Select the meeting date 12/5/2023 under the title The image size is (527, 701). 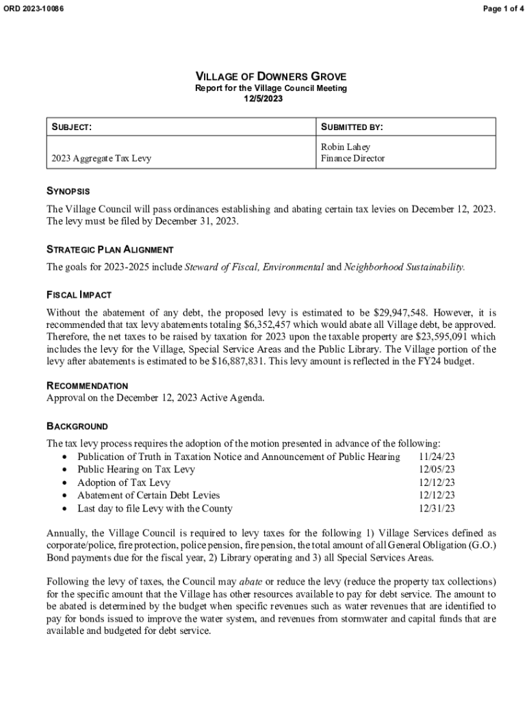(x=263, y=99)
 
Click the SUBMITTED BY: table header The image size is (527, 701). (x=352, y=127)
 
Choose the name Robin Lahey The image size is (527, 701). (x=346, y=147)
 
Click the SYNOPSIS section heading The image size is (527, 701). (x=68, y=191)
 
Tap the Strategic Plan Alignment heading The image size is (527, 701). (x=110, y=250)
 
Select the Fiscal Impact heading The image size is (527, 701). (x=79, y=295)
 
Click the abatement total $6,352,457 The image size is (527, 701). (x=271, y=324)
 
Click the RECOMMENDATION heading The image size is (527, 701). (x=87, y=386)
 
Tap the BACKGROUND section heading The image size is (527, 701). (x=77, y=426)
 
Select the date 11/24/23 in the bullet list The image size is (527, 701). (x=437, y=457)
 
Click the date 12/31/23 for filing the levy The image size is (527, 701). (x=437, y=509)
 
